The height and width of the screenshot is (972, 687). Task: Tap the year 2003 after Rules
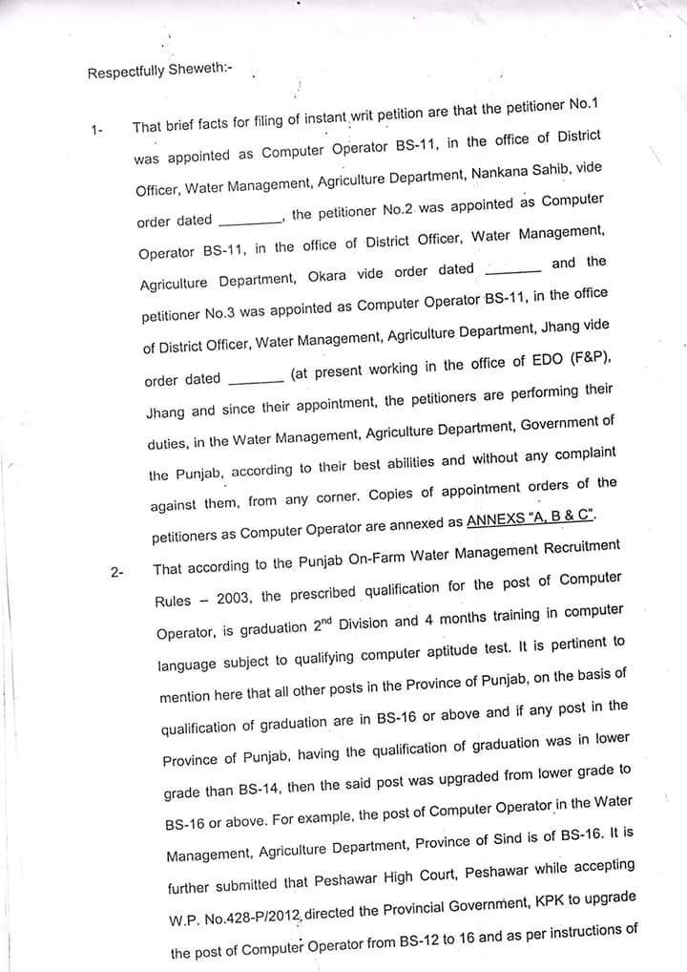(x=235, y=598)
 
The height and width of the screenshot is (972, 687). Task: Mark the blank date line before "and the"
(x=513, y=271)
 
